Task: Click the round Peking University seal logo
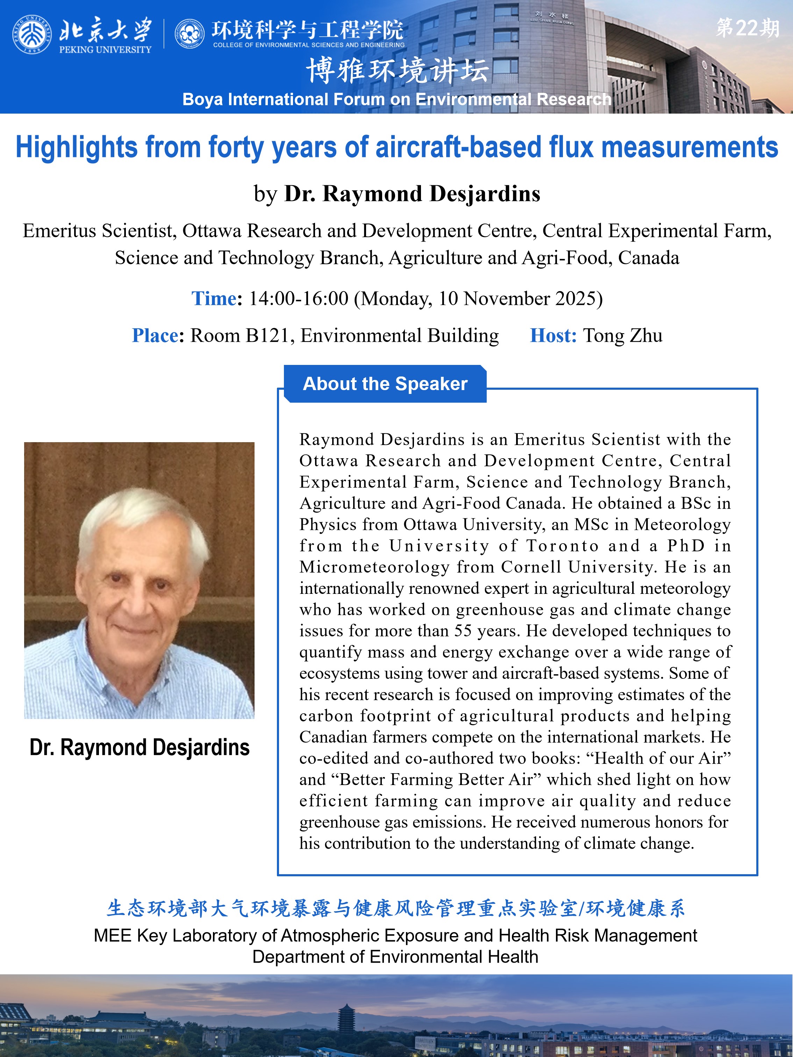(x=32, y=34)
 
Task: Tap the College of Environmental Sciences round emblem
(x=190, y=34)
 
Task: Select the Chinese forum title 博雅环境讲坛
(x=397, y=71)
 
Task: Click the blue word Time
(x=214, y=299)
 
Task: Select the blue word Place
(x=155, y=336)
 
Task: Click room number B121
(x=268, y=336)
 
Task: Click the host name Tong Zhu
(x=623, y=336)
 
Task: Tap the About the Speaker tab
(x=385, y=384)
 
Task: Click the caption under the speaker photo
(x=140, y=747)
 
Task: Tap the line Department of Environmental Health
(x=395, y=957)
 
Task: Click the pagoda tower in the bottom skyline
(x=345, y=1017)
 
